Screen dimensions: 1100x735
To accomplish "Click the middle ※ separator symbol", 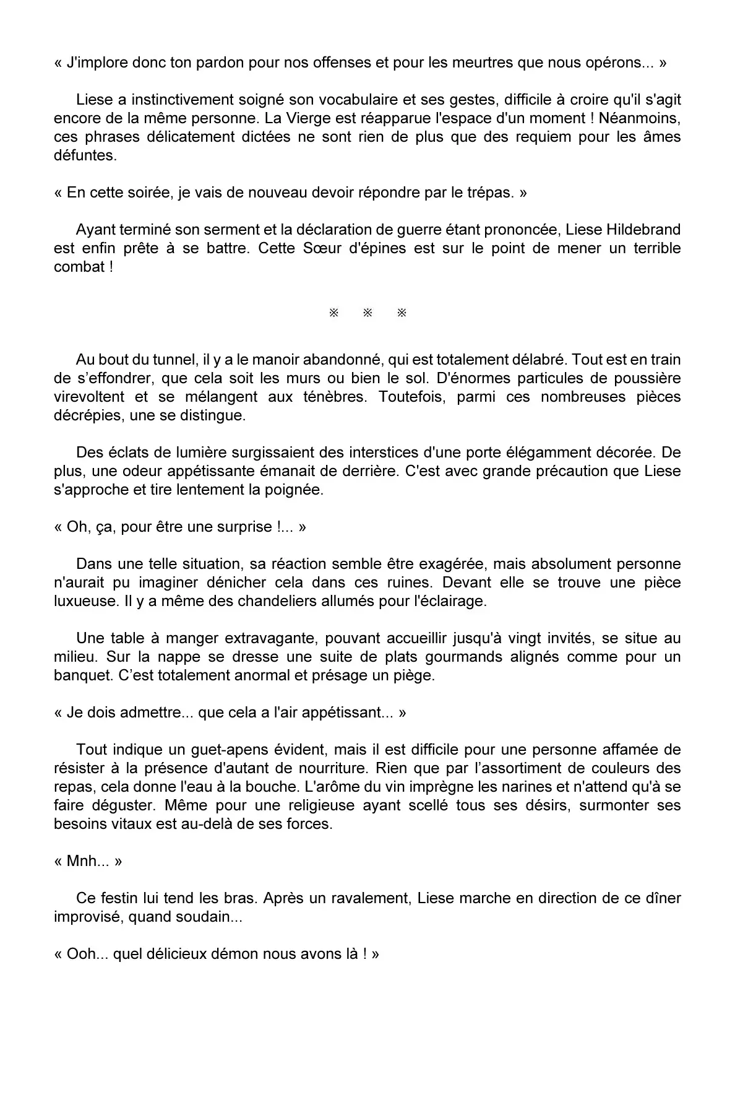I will pos(367,313).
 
